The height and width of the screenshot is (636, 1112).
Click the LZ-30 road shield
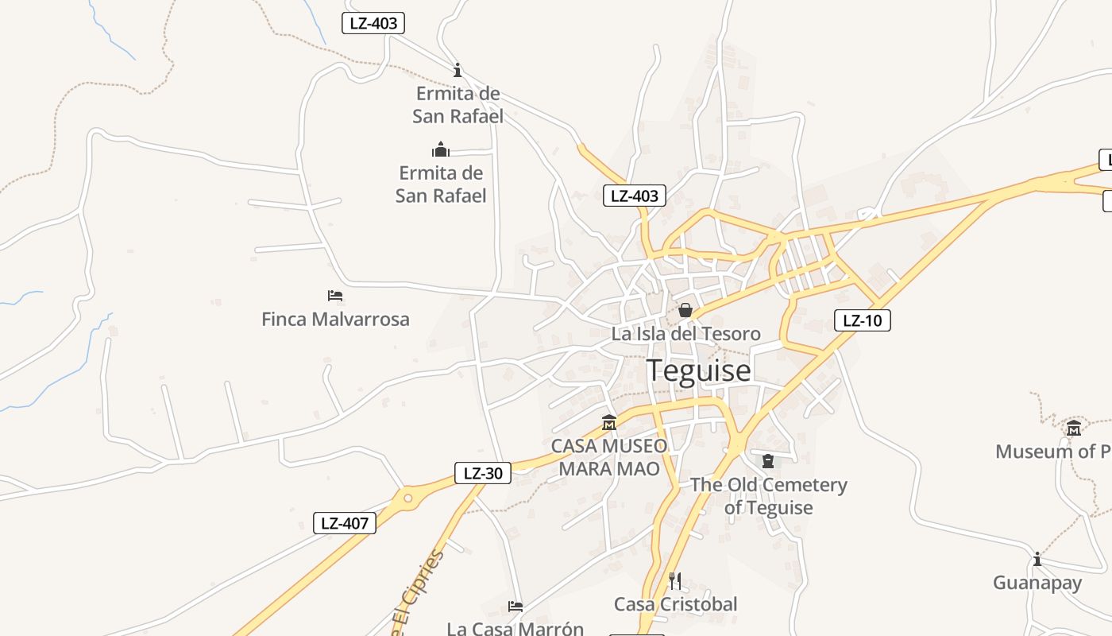click(x=483, y=473)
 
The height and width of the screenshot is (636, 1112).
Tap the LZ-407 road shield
click(x=345, y=523)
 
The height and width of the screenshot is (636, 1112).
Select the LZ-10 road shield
click(x=863, y=320)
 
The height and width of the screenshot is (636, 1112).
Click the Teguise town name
click(x=698, y=370)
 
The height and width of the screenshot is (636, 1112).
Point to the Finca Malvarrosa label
click(x=335, y=320)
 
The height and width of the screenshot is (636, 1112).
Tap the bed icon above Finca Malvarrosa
click(x=335, y=296)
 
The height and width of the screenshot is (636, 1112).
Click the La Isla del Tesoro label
click(x=685, y=334)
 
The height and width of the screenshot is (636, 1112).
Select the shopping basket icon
click(x=685, y=310)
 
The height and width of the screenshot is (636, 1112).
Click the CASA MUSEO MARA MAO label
click(x=609, y=457)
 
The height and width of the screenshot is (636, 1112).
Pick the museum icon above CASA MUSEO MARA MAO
click(x=609, y=422)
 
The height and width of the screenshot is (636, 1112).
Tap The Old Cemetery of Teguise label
click(x=768, y=496)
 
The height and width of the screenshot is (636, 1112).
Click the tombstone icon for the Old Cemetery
click(x=768, y=461)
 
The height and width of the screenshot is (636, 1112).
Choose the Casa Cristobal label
click(x=675, y=604)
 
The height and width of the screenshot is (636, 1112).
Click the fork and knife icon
click(x=675, y=581)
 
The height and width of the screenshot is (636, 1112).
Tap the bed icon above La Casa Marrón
click(x=515, y=607)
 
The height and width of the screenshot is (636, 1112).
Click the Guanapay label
click(x=1037, y=583)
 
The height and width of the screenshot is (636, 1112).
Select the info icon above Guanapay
click(x=1037, y=559)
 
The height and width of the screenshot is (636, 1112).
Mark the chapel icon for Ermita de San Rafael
click(x=441, y=149)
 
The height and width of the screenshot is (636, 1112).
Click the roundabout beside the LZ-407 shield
click(x=408, y=498)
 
